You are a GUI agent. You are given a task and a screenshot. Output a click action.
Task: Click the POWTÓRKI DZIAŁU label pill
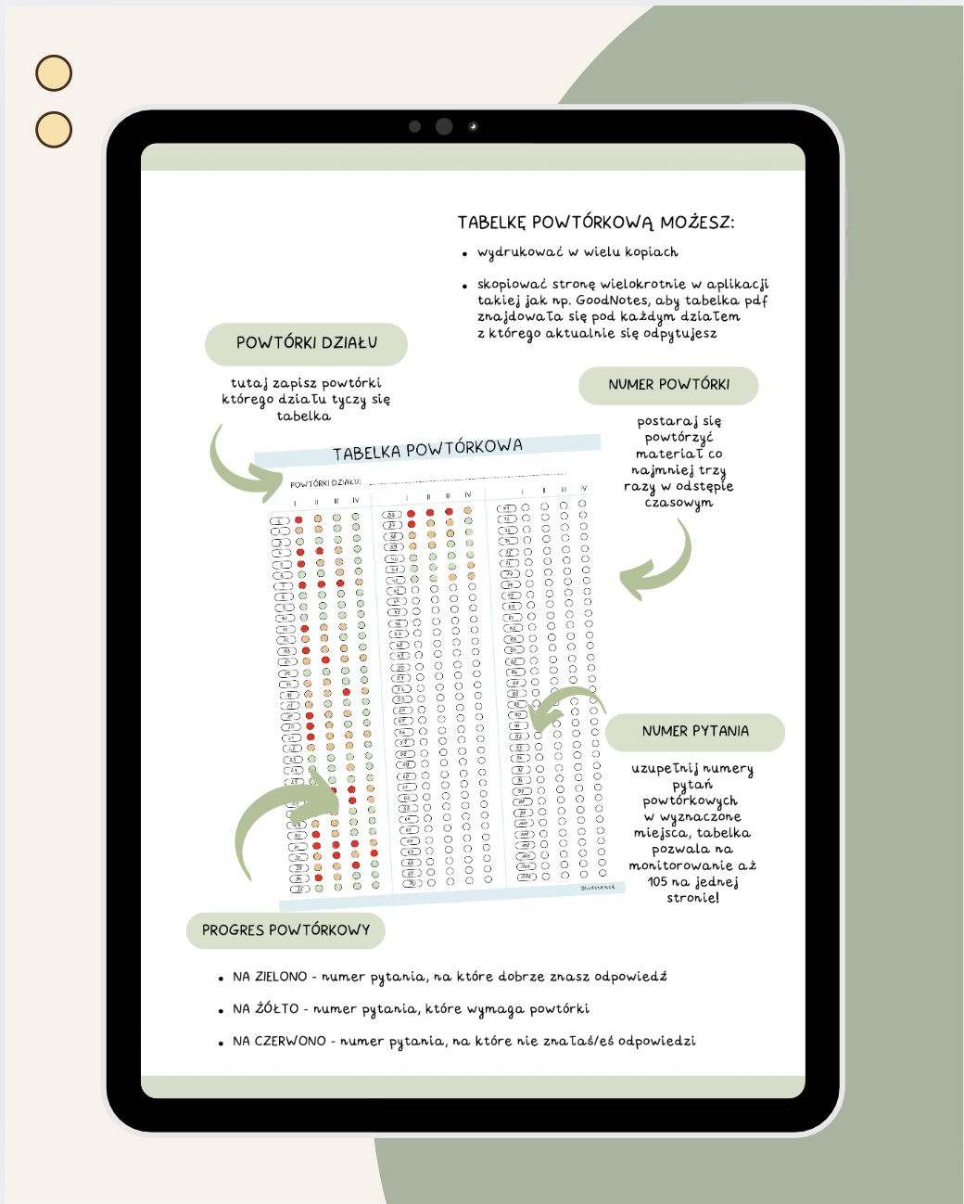[x=306, y=343]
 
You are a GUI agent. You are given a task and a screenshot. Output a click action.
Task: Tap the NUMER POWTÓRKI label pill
[x=668, y=385]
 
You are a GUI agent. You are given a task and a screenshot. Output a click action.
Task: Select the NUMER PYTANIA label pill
[x=695, y=731]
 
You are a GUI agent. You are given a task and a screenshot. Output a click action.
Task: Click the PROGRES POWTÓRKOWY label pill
[x=285, y=930]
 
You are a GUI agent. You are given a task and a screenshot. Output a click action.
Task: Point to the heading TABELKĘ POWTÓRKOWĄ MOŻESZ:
[x=596, y=223]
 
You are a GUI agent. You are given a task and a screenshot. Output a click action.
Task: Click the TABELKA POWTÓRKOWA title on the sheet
[x=427, y=450]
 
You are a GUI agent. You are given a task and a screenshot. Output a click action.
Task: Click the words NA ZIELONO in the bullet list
[x=270, y=977]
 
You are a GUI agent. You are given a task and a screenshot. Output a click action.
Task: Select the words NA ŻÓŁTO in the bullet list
[x=265, y=1009]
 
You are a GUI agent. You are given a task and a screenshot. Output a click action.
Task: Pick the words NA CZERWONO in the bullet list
[x=279, y=1042]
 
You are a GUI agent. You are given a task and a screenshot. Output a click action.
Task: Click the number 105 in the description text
[x=657, y=881]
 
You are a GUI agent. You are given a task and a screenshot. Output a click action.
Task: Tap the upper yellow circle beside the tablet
[x=54, y=73]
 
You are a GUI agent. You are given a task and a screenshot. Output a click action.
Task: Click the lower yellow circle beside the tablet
[x=54, y=130]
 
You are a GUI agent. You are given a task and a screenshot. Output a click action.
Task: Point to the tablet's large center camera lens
[x=444, y=126]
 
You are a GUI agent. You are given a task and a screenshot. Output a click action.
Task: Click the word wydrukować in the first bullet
[x=519, y=252]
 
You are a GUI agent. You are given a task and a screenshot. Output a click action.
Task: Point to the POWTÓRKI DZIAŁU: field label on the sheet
[x=324, y=483]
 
